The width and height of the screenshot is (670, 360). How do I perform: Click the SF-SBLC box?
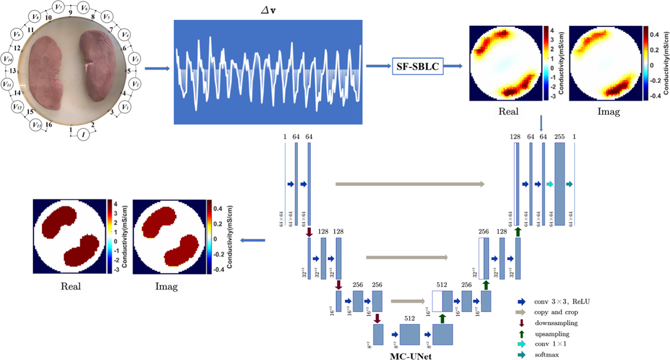417,66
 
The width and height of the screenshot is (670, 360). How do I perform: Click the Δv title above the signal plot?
268,11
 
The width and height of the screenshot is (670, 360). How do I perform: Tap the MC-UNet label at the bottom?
410,356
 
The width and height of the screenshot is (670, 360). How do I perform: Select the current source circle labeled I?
83,134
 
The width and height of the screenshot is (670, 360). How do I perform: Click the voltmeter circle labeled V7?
58,7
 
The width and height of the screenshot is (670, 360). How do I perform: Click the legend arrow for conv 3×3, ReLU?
521,302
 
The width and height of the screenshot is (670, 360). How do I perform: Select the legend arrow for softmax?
521,355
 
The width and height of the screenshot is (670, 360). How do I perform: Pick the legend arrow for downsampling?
521,323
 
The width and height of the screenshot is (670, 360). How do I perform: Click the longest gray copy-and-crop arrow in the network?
410,184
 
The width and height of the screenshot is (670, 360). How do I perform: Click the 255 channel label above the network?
559,137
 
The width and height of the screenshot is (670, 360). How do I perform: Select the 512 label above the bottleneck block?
409,319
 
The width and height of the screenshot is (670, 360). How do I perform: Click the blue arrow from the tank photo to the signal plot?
157,69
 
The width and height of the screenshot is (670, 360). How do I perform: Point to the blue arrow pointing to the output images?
253,240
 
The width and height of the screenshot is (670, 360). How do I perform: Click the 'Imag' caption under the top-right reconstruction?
608,112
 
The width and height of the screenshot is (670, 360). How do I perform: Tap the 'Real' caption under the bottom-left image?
70,287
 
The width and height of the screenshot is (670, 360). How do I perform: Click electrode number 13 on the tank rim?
13,71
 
